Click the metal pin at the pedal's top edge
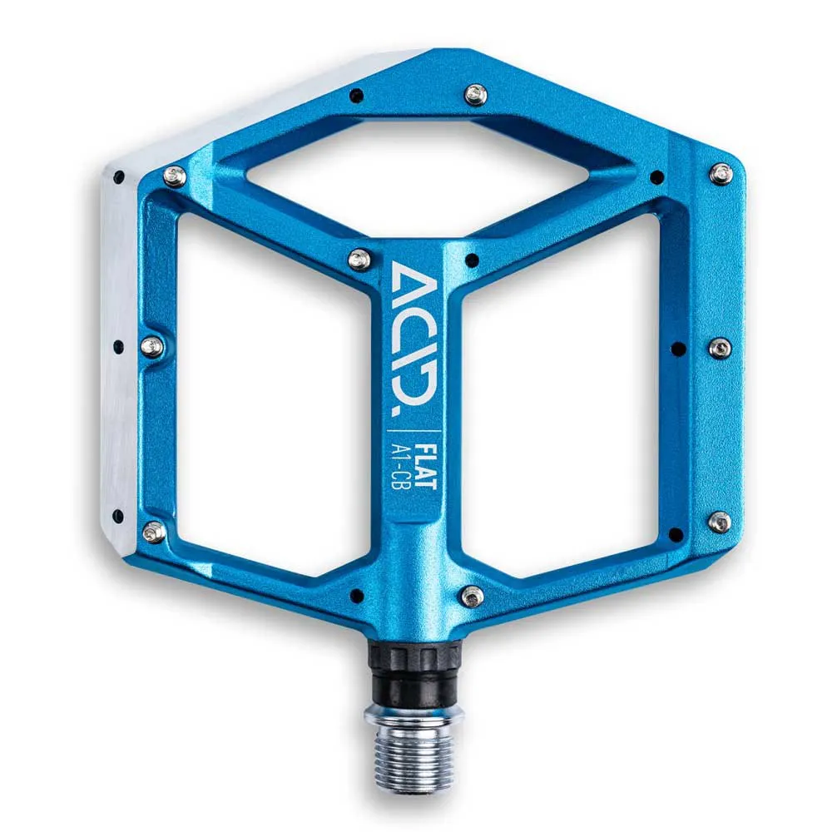point(476,95)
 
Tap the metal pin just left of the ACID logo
point(359,260)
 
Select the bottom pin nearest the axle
point(473,596)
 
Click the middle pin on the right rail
point(721,348)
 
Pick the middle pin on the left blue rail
point(152,346)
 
